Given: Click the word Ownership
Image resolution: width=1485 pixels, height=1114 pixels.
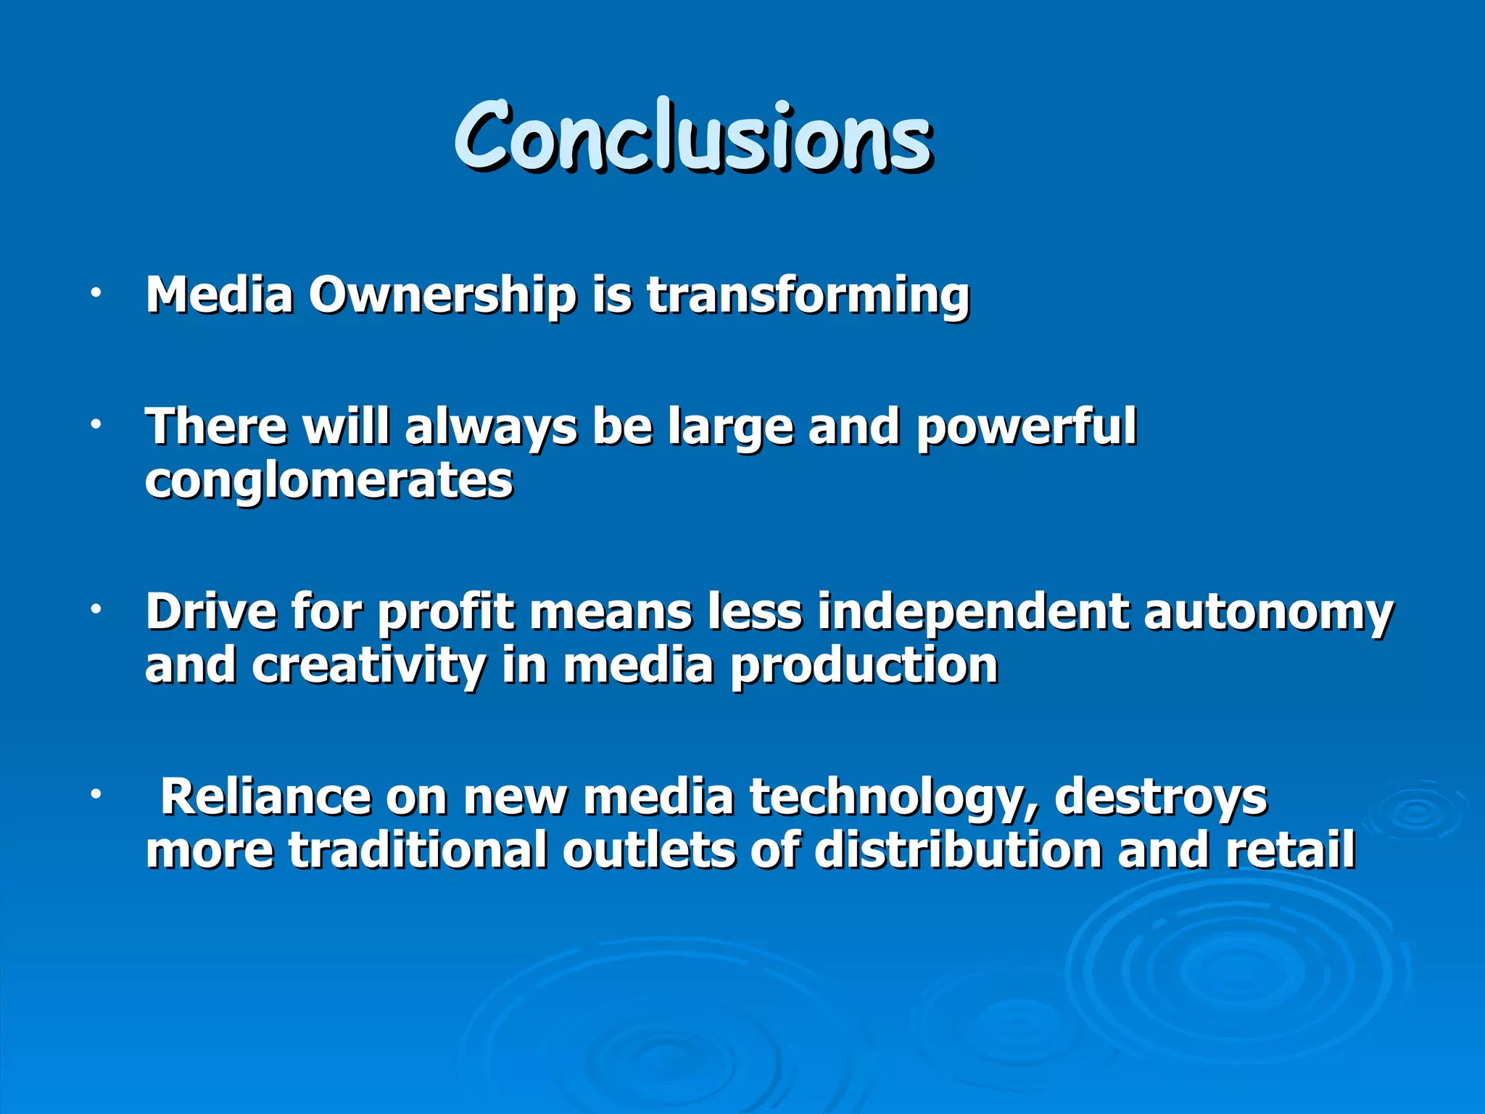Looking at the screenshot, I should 442,296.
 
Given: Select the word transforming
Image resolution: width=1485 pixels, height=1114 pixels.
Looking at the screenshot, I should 808,296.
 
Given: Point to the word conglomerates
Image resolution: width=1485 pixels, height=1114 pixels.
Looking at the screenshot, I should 328,482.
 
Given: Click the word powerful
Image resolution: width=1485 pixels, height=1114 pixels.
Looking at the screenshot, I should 1026,428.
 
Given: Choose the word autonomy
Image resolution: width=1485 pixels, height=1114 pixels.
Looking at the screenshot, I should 1268,613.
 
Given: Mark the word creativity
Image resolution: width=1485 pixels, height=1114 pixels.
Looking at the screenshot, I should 368,667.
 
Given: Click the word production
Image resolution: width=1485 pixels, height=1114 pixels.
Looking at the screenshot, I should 864,667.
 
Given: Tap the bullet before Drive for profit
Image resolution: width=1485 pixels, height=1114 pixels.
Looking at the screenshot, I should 95,611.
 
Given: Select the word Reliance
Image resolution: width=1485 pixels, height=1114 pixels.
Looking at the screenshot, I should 265,797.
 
